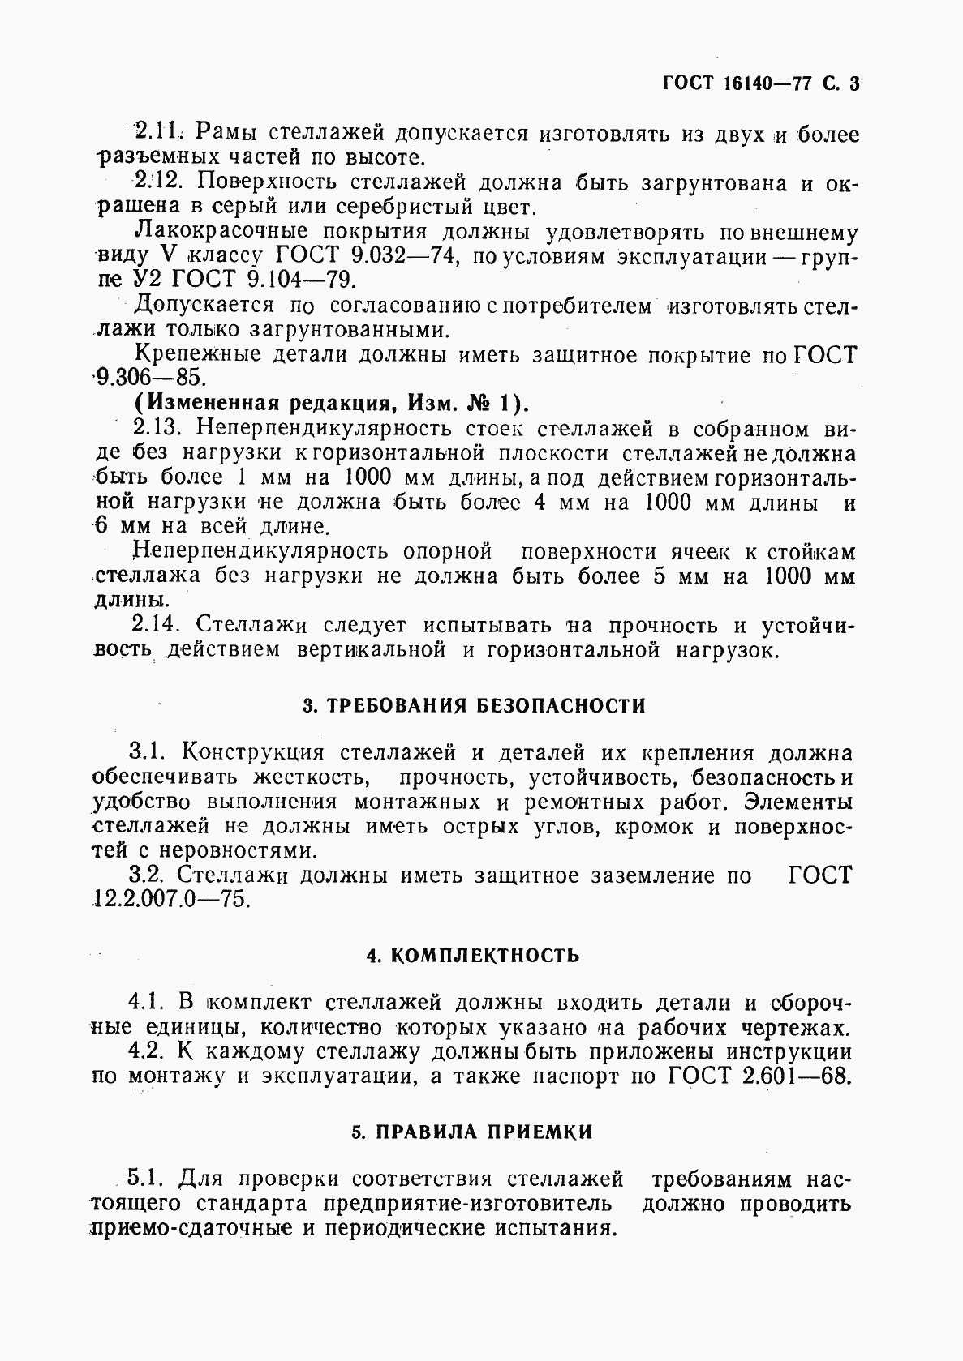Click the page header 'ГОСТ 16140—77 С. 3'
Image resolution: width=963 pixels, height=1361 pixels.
click(760, 84)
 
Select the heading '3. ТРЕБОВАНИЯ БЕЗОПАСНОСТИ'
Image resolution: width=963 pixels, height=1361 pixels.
click(474, 705)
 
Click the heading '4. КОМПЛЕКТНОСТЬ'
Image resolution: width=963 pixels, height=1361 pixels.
click(473, 955)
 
